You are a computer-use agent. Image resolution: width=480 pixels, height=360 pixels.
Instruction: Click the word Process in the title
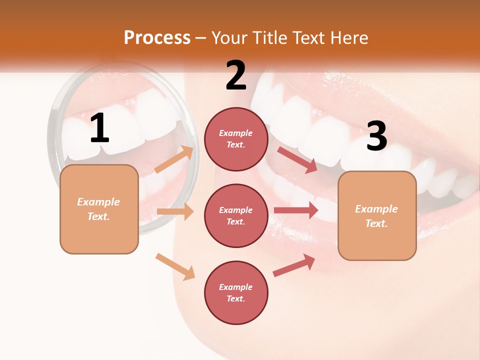(157, 38)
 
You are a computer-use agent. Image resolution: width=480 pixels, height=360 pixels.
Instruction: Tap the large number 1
(99, 128)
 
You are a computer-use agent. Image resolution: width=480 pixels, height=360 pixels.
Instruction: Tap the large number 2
(236, 75)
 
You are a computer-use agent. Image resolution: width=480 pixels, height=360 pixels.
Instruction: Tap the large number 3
(376, 136)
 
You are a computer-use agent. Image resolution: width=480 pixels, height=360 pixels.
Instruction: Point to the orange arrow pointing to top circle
(174, 159)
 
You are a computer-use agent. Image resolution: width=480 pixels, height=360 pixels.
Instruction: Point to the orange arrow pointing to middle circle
(175, 211)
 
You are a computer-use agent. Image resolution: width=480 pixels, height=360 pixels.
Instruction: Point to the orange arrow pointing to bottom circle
(175, 266)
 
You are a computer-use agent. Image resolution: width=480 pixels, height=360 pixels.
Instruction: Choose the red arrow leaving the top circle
(297, 159)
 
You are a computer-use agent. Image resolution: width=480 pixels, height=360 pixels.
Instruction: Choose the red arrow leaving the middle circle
(295, 210)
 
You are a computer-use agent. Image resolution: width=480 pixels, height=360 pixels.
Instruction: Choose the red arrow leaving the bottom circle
(294, 265)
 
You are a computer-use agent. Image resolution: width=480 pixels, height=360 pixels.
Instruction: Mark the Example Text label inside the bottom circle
(236, 293)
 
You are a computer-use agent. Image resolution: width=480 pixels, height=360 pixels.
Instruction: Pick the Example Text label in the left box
(98, 209)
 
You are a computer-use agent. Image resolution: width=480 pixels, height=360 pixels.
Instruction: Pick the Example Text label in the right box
(376, 216)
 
